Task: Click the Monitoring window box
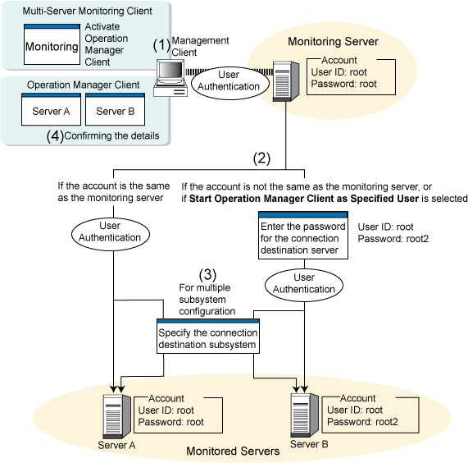click(52, 44)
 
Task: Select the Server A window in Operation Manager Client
click(51, 109)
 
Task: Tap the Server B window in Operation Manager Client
click(116, 109)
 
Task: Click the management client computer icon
click(170, 78)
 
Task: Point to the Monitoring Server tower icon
click(286, 81)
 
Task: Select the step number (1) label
click(161, 45)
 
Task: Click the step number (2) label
click(261, 158)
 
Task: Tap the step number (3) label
click(207, 274)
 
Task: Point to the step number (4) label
click(55, 136)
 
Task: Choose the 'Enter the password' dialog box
click(303, 236)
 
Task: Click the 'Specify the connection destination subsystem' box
click(208, 337)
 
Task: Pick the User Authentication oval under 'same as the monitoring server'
click(110, 234)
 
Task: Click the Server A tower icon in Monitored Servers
click(116, 415)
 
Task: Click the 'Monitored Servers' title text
click(233, 451)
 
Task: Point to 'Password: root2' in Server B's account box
click(362, 422)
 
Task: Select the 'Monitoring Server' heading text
click(333, 42)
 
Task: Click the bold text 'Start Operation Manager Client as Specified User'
click(304, 199)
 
